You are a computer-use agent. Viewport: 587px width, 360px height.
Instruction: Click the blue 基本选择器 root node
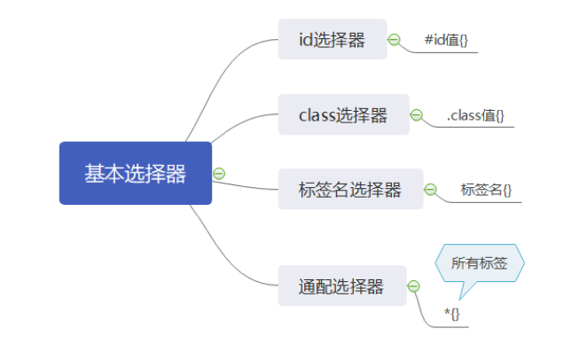(x=136, y=173)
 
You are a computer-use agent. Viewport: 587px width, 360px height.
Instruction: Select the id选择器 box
(x=333, y=40)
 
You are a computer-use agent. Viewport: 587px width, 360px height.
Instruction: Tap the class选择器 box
(x=343, y=115)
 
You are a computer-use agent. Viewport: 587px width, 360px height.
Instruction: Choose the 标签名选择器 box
(x=349, y=190)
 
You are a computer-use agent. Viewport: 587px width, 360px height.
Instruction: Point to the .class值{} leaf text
(x=475, y=115)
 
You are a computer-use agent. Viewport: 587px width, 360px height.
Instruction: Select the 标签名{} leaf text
(x=486, y=190)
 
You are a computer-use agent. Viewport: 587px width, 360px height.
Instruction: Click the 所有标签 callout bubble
(x=479, y=263)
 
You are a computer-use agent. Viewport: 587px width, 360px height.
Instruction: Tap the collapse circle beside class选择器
(x=417, y=115)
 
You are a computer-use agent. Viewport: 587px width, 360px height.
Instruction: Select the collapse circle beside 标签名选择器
(x=431, y=190)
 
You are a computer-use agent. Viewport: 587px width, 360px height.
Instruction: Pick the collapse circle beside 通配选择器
(x=413, y=286)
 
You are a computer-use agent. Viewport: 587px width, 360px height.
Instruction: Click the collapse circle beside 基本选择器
(x=219, y=174)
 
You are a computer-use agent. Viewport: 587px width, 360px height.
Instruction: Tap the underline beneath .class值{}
(x=479, y=127)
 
